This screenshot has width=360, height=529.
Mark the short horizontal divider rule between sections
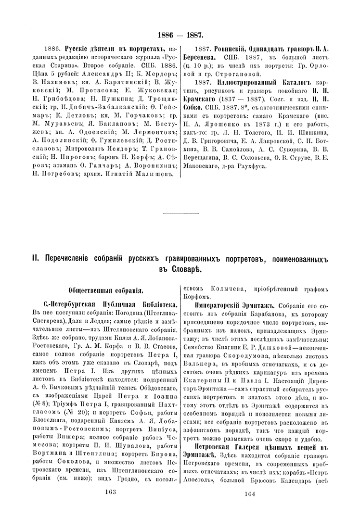pos(180,213)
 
